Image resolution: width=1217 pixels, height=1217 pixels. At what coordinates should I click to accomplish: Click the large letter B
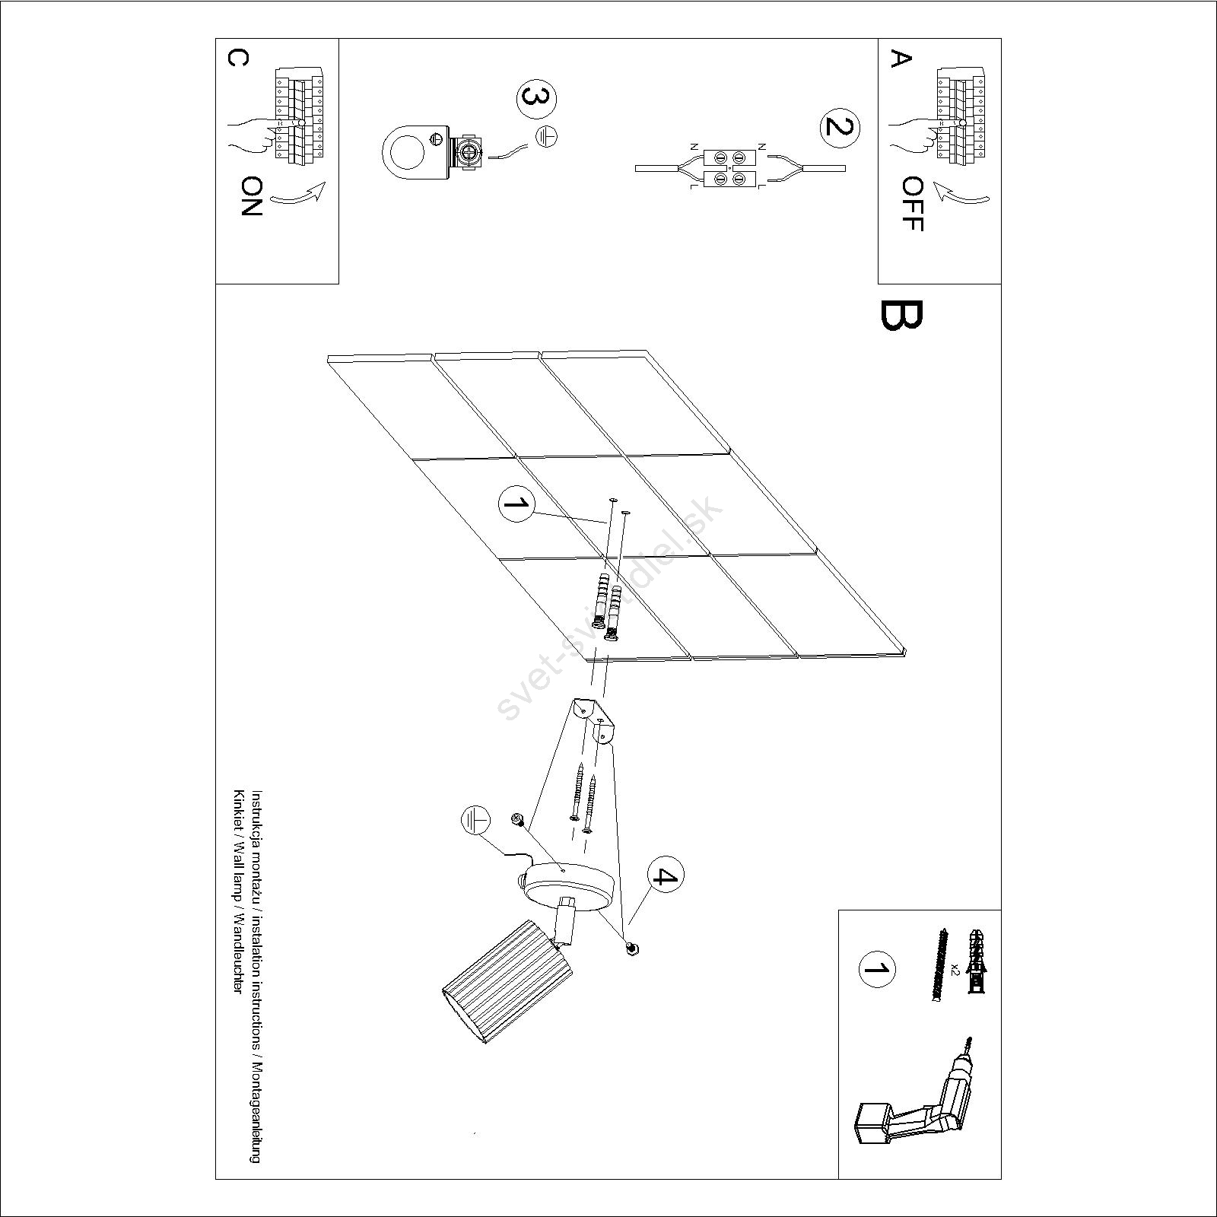coord(901,316)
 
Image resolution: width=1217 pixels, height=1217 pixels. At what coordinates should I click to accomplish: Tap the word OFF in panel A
coord(911,204)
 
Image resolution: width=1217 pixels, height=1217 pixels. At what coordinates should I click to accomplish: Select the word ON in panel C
coord(252,197)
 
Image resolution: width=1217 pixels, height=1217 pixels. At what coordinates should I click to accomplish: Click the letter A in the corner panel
coord(901,59)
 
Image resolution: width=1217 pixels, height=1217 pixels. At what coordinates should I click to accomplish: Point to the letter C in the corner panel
coord(237,59)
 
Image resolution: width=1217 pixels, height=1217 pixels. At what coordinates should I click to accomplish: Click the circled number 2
coord(839,128)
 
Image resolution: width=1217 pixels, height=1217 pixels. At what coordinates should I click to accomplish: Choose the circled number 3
coord(536,100)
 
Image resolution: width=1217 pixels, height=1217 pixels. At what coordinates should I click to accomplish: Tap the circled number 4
coord(666,877)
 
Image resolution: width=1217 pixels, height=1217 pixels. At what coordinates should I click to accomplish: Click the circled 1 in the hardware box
coord(877,969)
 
